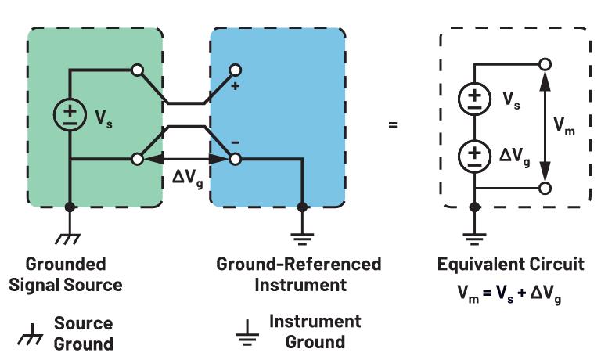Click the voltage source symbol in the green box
click(70, 113)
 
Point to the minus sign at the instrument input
click(236, 142)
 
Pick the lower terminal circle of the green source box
click(138, 159)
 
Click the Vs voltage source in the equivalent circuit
click(474, 98)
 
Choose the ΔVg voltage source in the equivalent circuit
click(474, 156)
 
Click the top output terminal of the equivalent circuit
click(545, 64)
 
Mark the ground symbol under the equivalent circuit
click(474, 230)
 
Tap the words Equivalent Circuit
click(510, 264)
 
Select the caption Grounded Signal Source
click(66, 274)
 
